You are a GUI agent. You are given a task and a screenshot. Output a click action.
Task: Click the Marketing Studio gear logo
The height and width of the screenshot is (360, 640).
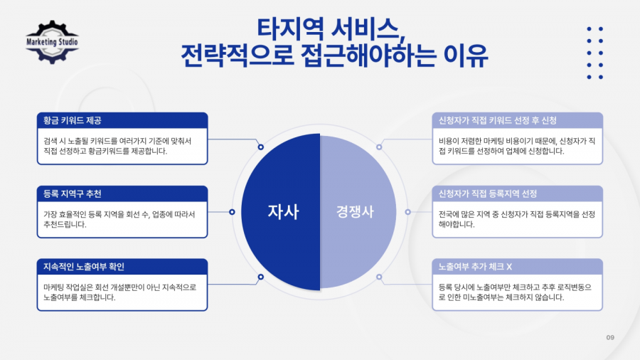(52, 42)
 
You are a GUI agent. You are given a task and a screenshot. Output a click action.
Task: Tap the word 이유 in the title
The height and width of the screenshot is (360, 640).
(466, 55)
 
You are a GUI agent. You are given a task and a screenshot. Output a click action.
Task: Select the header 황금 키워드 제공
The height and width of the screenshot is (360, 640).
(73, 120)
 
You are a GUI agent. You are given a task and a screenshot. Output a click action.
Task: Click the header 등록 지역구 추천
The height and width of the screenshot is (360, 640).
(73, 194)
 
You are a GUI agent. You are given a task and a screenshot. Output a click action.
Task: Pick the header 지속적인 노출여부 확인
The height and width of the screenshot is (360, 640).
(84, 267)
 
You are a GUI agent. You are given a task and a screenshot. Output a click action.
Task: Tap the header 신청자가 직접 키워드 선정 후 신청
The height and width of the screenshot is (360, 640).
(498, 120)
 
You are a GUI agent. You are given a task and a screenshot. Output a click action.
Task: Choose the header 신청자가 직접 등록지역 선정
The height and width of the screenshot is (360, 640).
(488, 194)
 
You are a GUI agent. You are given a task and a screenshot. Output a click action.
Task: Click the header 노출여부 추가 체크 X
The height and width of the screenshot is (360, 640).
(475, 267)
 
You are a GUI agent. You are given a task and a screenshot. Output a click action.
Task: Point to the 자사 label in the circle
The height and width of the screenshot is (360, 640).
(283, 211)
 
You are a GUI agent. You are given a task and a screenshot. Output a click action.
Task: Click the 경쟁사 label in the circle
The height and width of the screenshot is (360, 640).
(355, 211)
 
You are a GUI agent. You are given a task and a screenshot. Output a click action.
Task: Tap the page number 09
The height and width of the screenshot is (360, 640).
(610, 337)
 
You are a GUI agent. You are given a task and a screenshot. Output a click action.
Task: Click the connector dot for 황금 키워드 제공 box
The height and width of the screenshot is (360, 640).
(261, 147)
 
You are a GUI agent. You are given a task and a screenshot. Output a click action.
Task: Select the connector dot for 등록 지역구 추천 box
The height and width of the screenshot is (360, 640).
(232, 212)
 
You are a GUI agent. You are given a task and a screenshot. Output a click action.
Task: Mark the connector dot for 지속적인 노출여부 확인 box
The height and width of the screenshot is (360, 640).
(261, 277)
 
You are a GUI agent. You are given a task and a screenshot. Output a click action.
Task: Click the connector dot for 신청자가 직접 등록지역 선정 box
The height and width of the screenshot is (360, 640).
(407, 212)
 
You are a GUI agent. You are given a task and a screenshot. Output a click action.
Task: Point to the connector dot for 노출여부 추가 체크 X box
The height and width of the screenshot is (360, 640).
(379, 277)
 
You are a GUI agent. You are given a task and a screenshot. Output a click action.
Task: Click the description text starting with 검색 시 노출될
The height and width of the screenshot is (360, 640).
(117, 146)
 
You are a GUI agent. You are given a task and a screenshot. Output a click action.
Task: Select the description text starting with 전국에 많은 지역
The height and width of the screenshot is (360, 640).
(517, 219)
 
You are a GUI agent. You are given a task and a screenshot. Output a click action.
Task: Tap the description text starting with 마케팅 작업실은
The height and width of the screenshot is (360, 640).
(120, 292)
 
